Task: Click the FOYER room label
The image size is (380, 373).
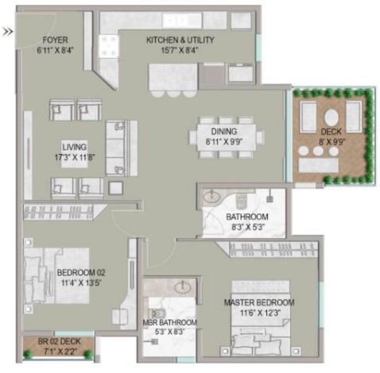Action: coord(55,40)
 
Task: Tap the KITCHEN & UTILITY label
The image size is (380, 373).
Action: coord(180,40)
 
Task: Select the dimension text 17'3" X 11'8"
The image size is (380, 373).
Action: coord(75,157)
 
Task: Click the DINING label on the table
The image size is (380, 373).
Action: coord(224,132)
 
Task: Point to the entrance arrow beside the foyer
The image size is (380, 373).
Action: coord(8,32)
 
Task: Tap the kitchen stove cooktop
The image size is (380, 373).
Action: coord(108,46)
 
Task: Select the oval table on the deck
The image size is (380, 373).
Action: coord(332,117)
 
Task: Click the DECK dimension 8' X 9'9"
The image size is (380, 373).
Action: coord(332,142)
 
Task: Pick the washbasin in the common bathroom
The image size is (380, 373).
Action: coord(211,196)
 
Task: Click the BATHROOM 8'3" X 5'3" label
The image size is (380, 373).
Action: coord(247,221)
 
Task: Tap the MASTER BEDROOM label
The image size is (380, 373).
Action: coord(259,302)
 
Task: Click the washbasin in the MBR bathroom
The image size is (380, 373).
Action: coord(183,286)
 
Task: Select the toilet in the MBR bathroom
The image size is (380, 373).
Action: coord(157,313)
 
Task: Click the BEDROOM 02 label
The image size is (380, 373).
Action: coord(81,272)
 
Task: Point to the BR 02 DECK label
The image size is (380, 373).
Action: coord(59,341)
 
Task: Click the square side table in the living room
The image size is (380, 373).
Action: coord(115,188)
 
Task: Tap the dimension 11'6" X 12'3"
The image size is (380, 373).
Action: coord(260,313)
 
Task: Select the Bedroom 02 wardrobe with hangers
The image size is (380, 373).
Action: coord(62,212)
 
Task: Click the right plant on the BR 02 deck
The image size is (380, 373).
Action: coord(88,354)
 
